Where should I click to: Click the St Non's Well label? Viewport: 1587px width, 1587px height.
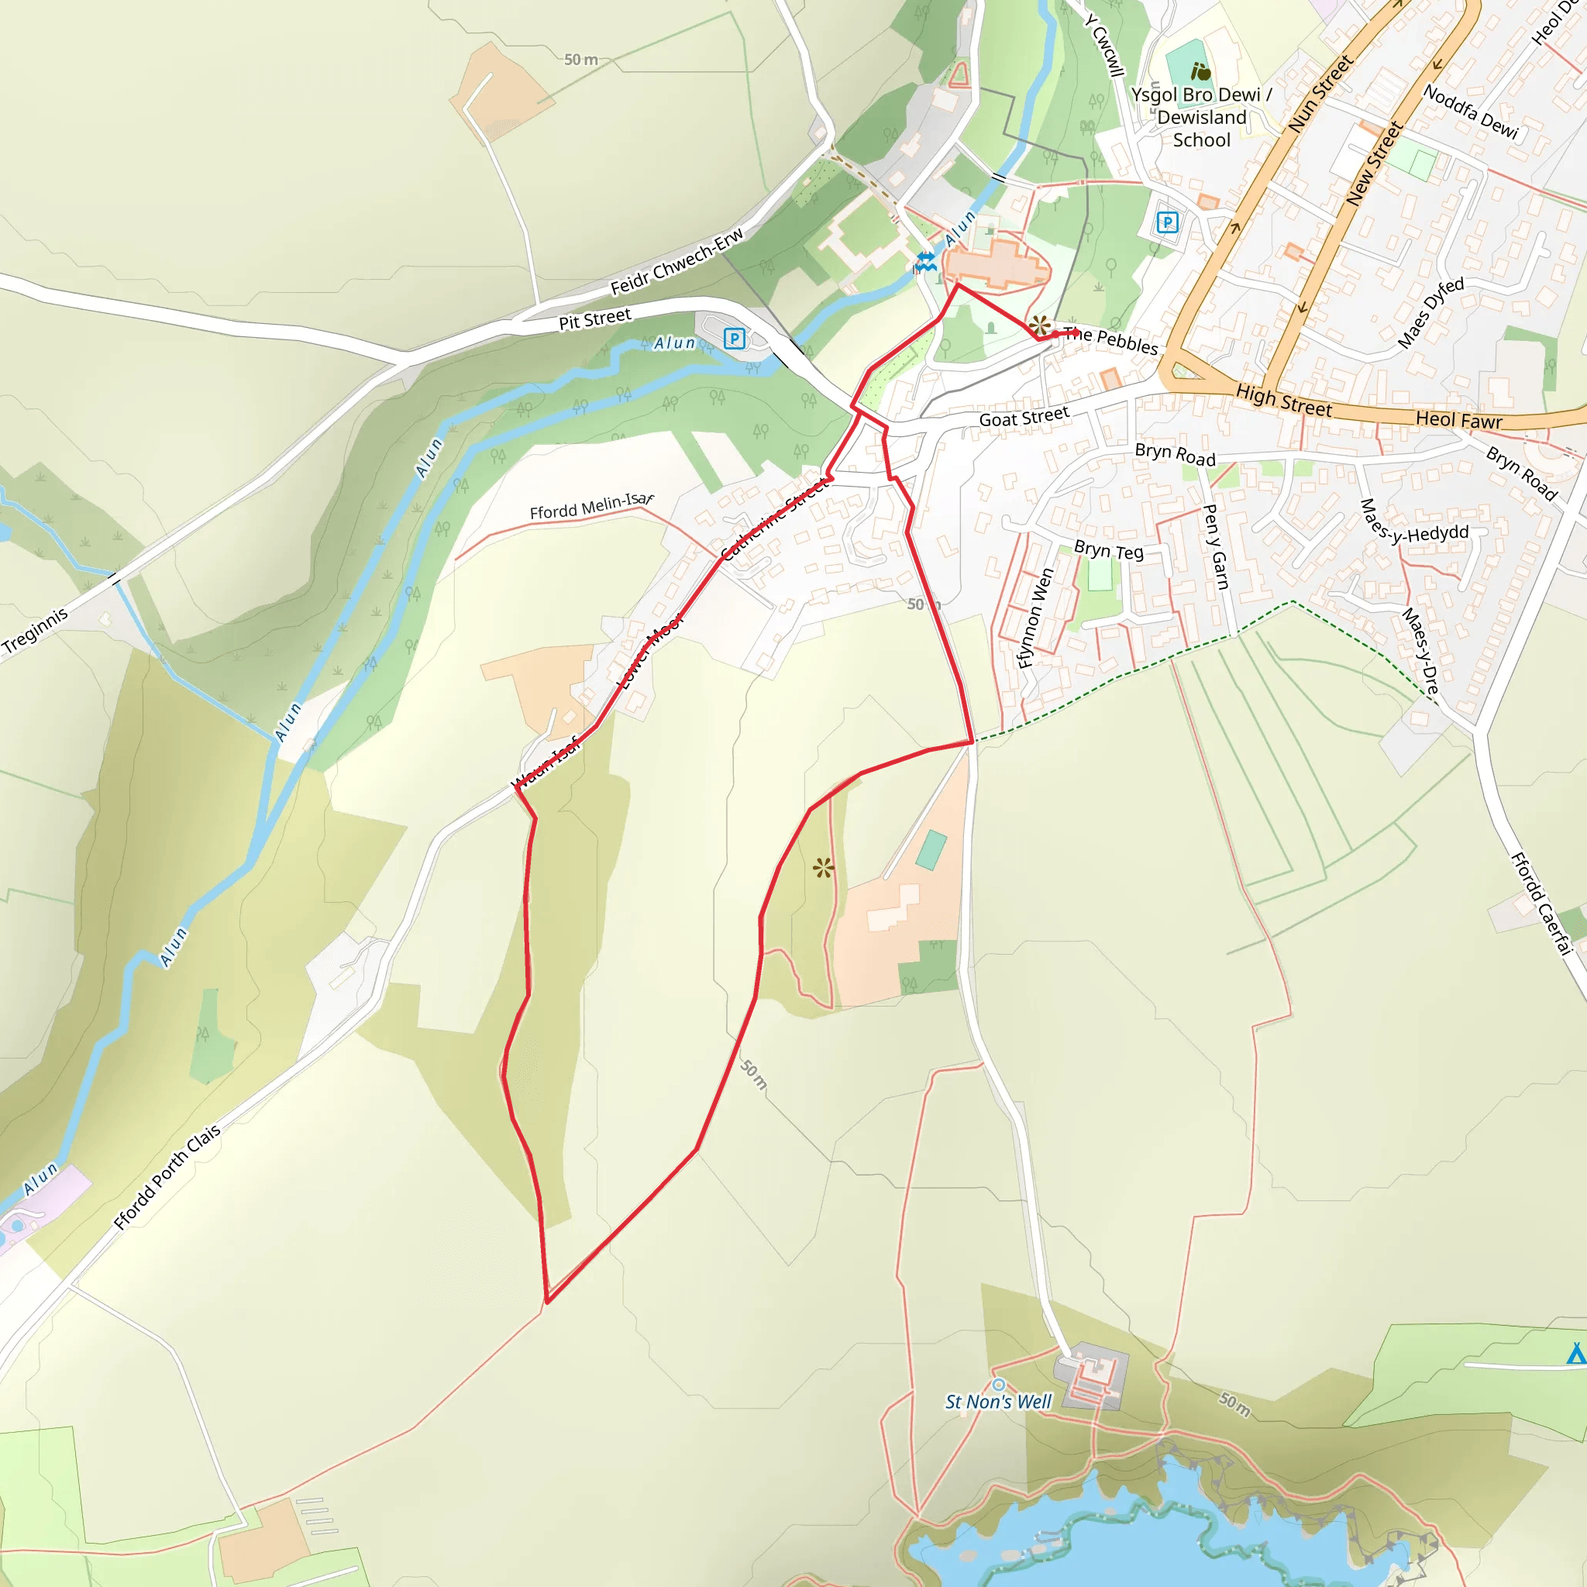[x=998, y=1401]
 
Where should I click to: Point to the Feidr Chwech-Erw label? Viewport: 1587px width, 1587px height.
[x=676, y=261]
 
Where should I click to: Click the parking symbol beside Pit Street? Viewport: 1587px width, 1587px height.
[x=735, y=339]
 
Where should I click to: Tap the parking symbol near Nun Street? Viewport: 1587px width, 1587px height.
[x=1167, y=222]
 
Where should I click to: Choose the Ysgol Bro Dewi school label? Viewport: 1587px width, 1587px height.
[x=1201, y=118]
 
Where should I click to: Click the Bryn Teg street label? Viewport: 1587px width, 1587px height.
[x=1108, y=550]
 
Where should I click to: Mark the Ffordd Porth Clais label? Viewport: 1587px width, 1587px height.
[x=167, y=1177]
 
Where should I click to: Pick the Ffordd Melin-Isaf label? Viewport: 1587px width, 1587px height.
[x=590, y=506]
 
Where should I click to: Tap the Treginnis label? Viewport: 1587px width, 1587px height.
[x=35, y=631]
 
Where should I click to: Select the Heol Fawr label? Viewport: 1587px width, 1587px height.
[x=1458, y=420]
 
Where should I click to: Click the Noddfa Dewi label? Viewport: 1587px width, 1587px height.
[x=1470, y=112]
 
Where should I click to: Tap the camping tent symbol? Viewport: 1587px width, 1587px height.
[x=1576, y=1353]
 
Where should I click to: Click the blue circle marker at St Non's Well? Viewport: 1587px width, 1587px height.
[x=999, y=1385]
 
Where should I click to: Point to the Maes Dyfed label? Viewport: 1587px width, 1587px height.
[x=1431, y=312]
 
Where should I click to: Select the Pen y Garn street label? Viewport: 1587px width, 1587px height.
[x=1215, y=546]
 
